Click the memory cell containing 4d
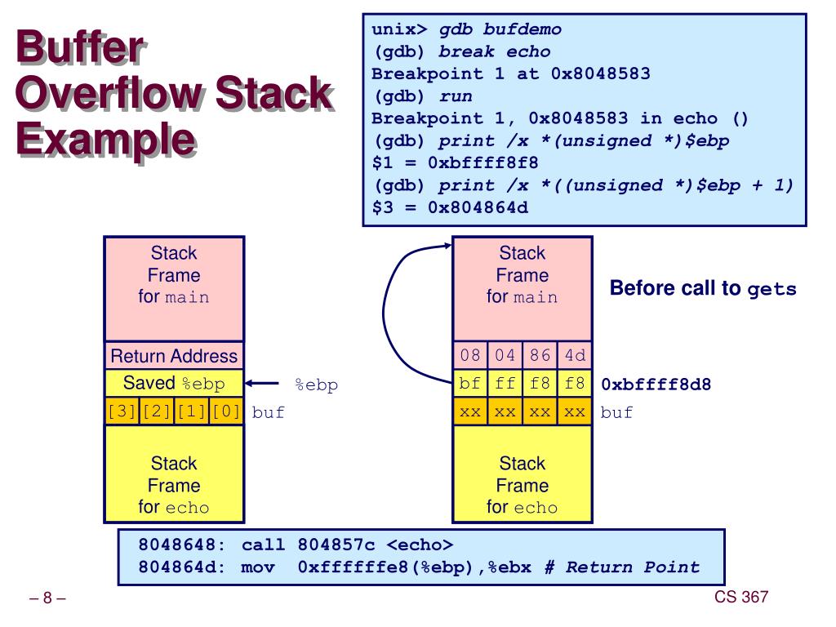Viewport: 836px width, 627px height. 575,355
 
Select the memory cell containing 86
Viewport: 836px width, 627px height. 540,355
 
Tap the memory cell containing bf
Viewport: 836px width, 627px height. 470,384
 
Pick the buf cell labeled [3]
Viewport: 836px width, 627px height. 122,411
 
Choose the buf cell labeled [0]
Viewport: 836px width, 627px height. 226,411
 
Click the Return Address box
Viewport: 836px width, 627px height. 174,356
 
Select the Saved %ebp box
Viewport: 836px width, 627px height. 174,384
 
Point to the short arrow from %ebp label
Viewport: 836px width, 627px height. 262,384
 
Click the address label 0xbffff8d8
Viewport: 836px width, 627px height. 656,385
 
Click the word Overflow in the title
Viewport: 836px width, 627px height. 111,93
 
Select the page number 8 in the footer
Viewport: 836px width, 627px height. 47,598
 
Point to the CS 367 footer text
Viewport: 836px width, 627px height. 741,597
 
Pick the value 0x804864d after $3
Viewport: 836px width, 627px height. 478,207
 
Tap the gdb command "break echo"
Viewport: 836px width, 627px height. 494,51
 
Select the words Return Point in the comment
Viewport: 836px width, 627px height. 633,567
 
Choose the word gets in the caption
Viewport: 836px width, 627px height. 772,290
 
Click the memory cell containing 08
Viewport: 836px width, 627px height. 470,355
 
